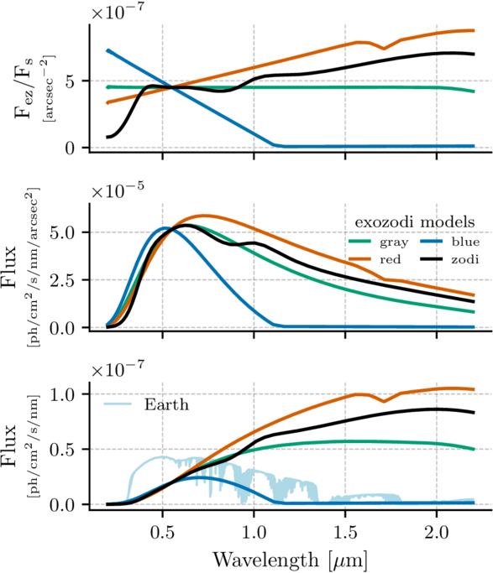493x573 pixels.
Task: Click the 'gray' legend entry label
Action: [x=394, y=242]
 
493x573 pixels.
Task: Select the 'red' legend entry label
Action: [x=391, y=259]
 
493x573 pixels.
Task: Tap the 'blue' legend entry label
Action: [x=465, y=242]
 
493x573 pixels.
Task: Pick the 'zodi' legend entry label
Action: [x=464, y=259]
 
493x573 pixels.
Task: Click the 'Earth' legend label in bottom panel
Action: [x=166, y=404]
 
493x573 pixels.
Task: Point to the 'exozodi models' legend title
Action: [x=415, y=221]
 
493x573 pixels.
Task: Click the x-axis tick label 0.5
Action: [x=162, y=533]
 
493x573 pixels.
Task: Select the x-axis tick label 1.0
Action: [x=254, y=533]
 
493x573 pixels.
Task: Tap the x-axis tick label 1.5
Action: [x=345, y=533]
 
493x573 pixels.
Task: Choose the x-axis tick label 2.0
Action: [x=437, y=533]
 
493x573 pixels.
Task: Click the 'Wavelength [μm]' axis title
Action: [x=290, y=560]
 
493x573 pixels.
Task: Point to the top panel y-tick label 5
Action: [x=70, y=81]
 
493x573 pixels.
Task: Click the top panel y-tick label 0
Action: [x=70, y=148]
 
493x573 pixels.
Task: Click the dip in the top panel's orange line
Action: [x=384, y=48]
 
